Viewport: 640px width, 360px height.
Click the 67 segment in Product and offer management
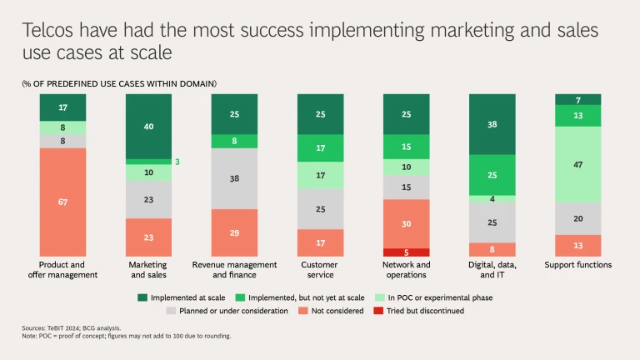62,202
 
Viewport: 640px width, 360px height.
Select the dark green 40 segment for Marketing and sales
148,126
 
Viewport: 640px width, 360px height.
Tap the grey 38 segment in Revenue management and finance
234,178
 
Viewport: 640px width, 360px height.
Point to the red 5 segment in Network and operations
406,252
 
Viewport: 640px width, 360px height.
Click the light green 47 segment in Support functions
577,164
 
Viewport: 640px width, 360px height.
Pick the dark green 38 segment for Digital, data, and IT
492,124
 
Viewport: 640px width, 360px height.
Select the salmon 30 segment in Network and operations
406,223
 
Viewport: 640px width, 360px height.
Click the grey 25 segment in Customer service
320,208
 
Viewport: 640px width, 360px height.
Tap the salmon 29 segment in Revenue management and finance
234,232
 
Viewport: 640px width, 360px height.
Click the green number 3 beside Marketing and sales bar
177,162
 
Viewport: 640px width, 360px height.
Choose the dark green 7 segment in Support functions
577,99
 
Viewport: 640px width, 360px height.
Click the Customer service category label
320,269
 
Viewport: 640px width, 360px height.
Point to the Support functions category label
577,265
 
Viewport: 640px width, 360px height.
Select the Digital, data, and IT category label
492,269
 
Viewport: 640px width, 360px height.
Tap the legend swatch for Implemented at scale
142,297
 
